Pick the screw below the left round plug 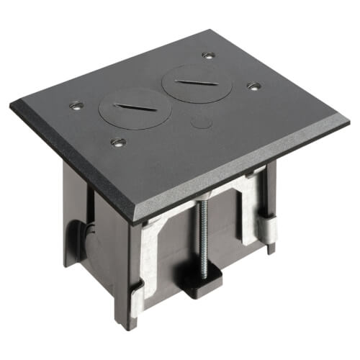pos(115,143)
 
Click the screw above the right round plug pos(209,55)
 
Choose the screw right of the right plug pos(253,86)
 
